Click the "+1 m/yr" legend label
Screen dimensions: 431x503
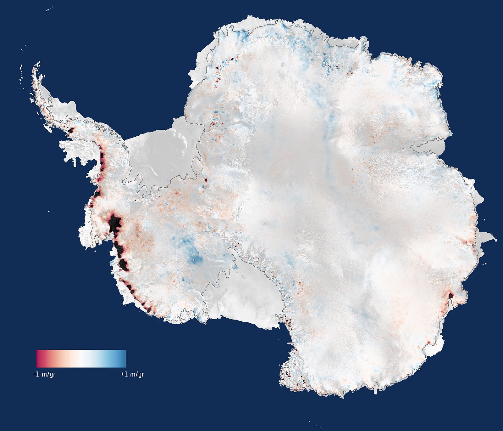click(x=132, y=374)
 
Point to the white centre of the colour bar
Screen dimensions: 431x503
click(x=81, y=358)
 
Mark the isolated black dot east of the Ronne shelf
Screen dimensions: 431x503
click(x=206, y=180)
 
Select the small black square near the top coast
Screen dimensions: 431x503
click(x=232, y=59)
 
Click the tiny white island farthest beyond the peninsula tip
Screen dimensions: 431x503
click(x=22, y=50)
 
